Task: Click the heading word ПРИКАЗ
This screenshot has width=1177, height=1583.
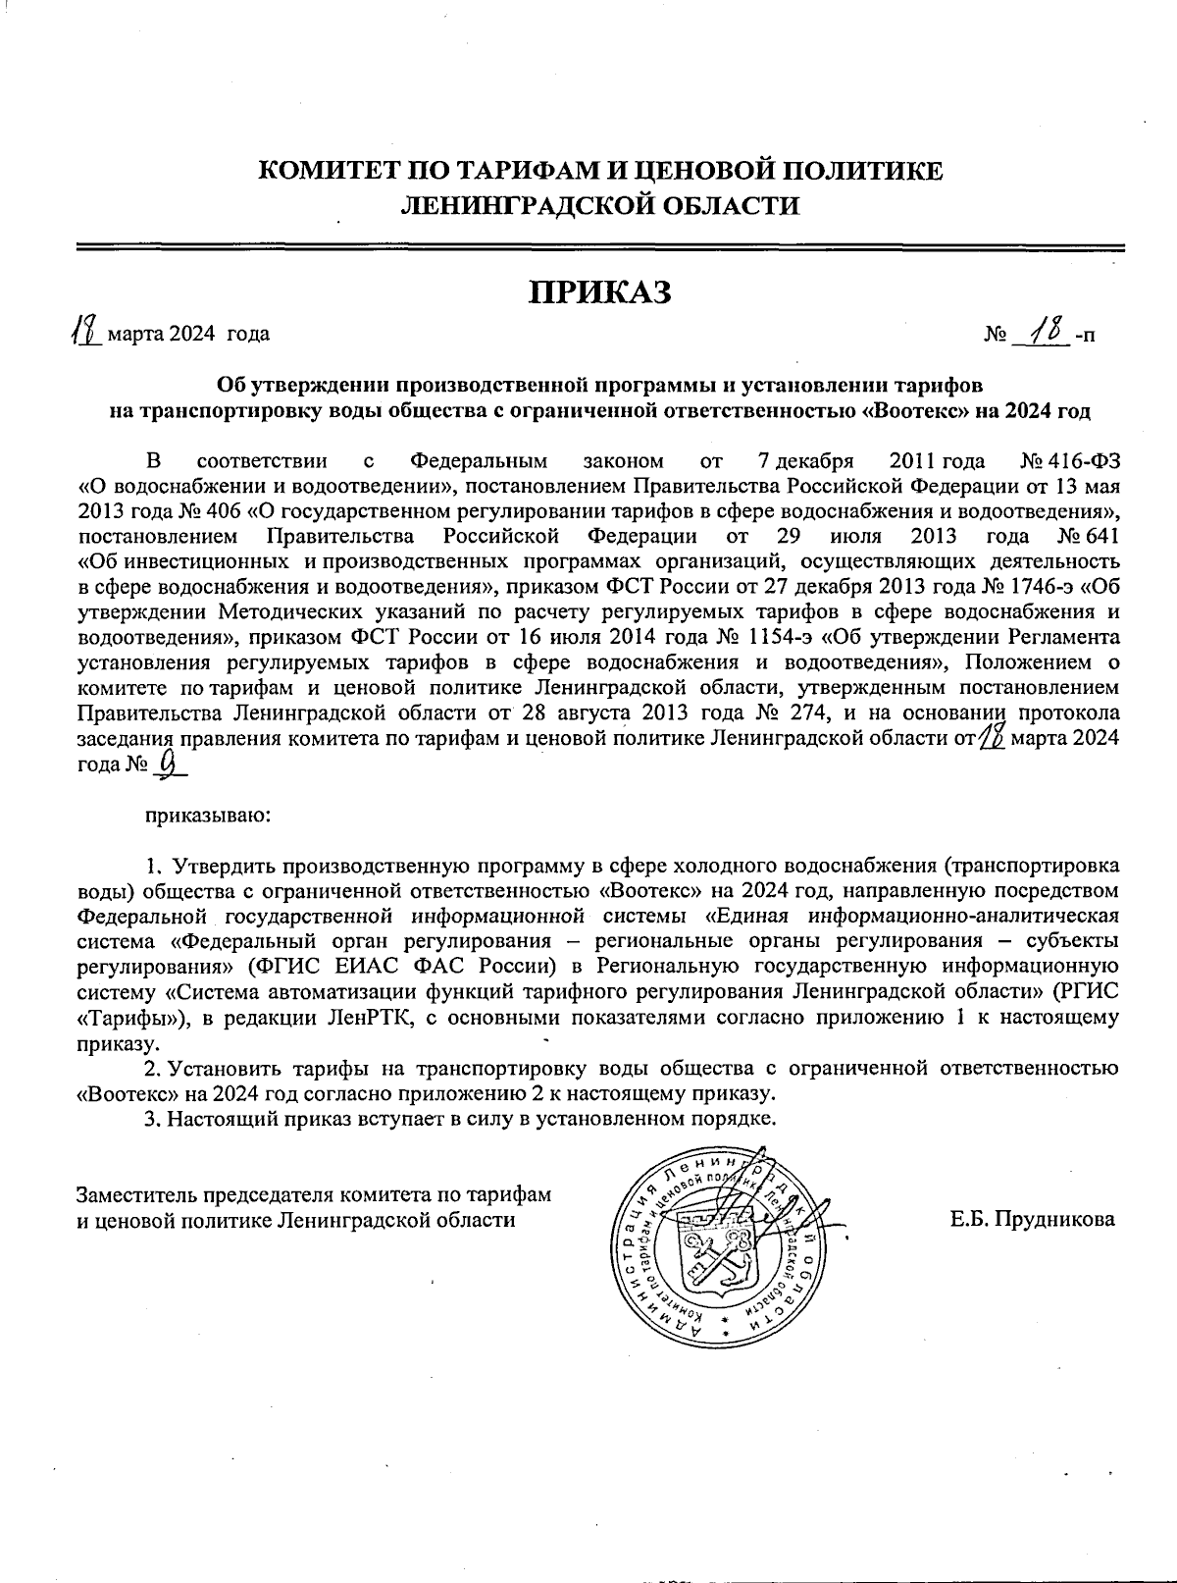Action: (600, 291)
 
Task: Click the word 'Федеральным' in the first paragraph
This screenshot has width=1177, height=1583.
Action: (479, 460)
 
